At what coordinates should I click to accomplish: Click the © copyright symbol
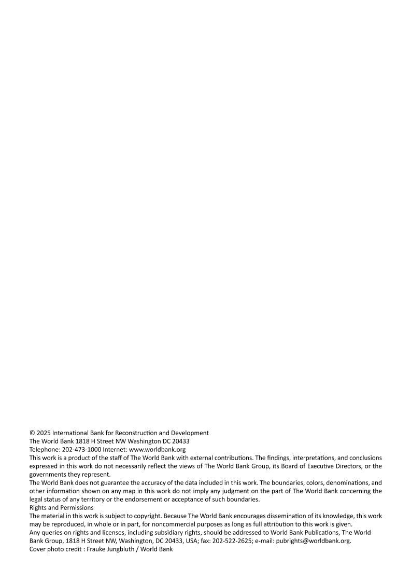(x=32, y=433)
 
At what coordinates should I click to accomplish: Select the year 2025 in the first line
(x=44, y=433)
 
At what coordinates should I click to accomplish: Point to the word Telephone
(x=44, y=449)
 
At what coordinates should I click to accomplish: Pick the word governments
(x=49, y=474)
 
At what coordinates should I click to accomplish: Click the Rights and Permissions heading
(x=58, y=507)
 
